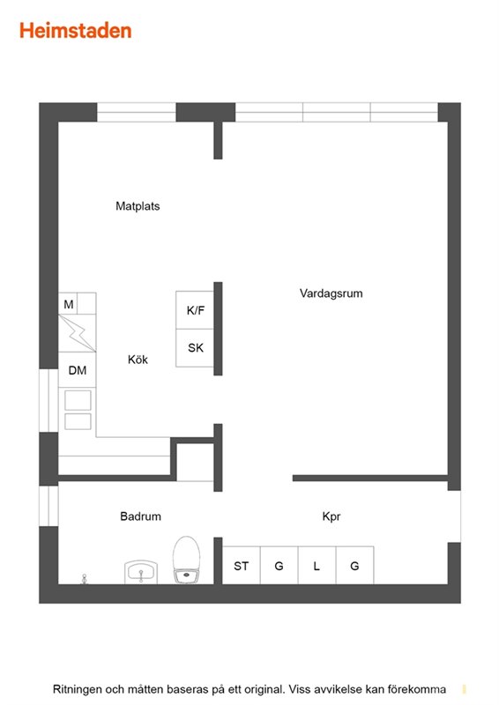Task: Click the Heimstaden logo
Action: coord(75,31)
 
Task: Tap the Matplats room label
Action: coord(138,206)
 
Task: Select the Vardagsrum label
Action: coord(331,293)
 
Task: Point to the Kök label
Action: coord(138,360)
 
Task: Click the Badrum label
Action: coord(140,516)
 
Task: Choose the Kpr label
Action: coord(331,516)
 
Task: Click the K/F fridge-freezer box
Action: coord(195,310)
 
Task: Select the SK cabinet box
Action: coord(195,347)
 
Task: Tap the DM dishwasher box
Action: coord(78,369)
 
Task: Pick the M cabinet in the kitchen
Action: coord(68,304)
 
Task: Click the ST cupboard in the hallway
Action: coord(242,565)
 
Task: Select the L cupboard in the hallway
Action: coord(317,565)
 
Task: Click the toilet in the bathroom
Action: coord(186,559)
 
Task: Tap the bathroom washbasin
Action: coord(141,572)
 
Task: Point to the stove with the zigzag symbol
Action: coord(78,333)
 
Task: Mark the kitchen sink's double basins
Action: coord(78,410)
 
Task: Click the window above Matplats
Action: coord(137,112)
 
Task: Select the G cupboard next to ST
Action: coord(279,565)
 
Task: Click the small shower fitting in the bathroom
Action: coord(84,579)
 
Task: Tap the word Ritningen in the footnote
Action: coord(77,689)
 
